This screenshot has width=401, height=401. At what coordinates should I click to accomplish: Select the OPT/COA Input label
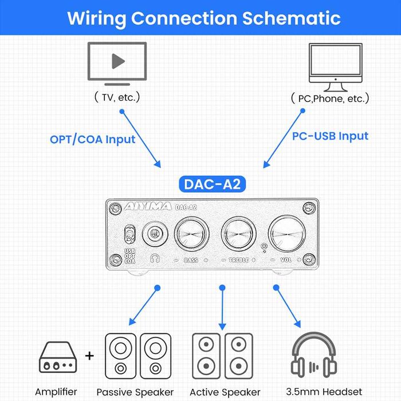92,139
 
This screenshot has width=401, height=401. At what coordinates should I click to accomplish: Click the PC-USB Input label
330,136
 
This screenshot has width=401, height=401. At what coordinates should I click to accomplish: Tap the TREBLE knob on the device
242,234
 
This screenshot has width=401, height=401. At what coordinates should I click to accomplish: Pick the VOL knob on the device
290,235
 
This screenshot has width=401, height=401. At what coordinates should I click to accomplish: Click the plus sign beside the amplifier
90,356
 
